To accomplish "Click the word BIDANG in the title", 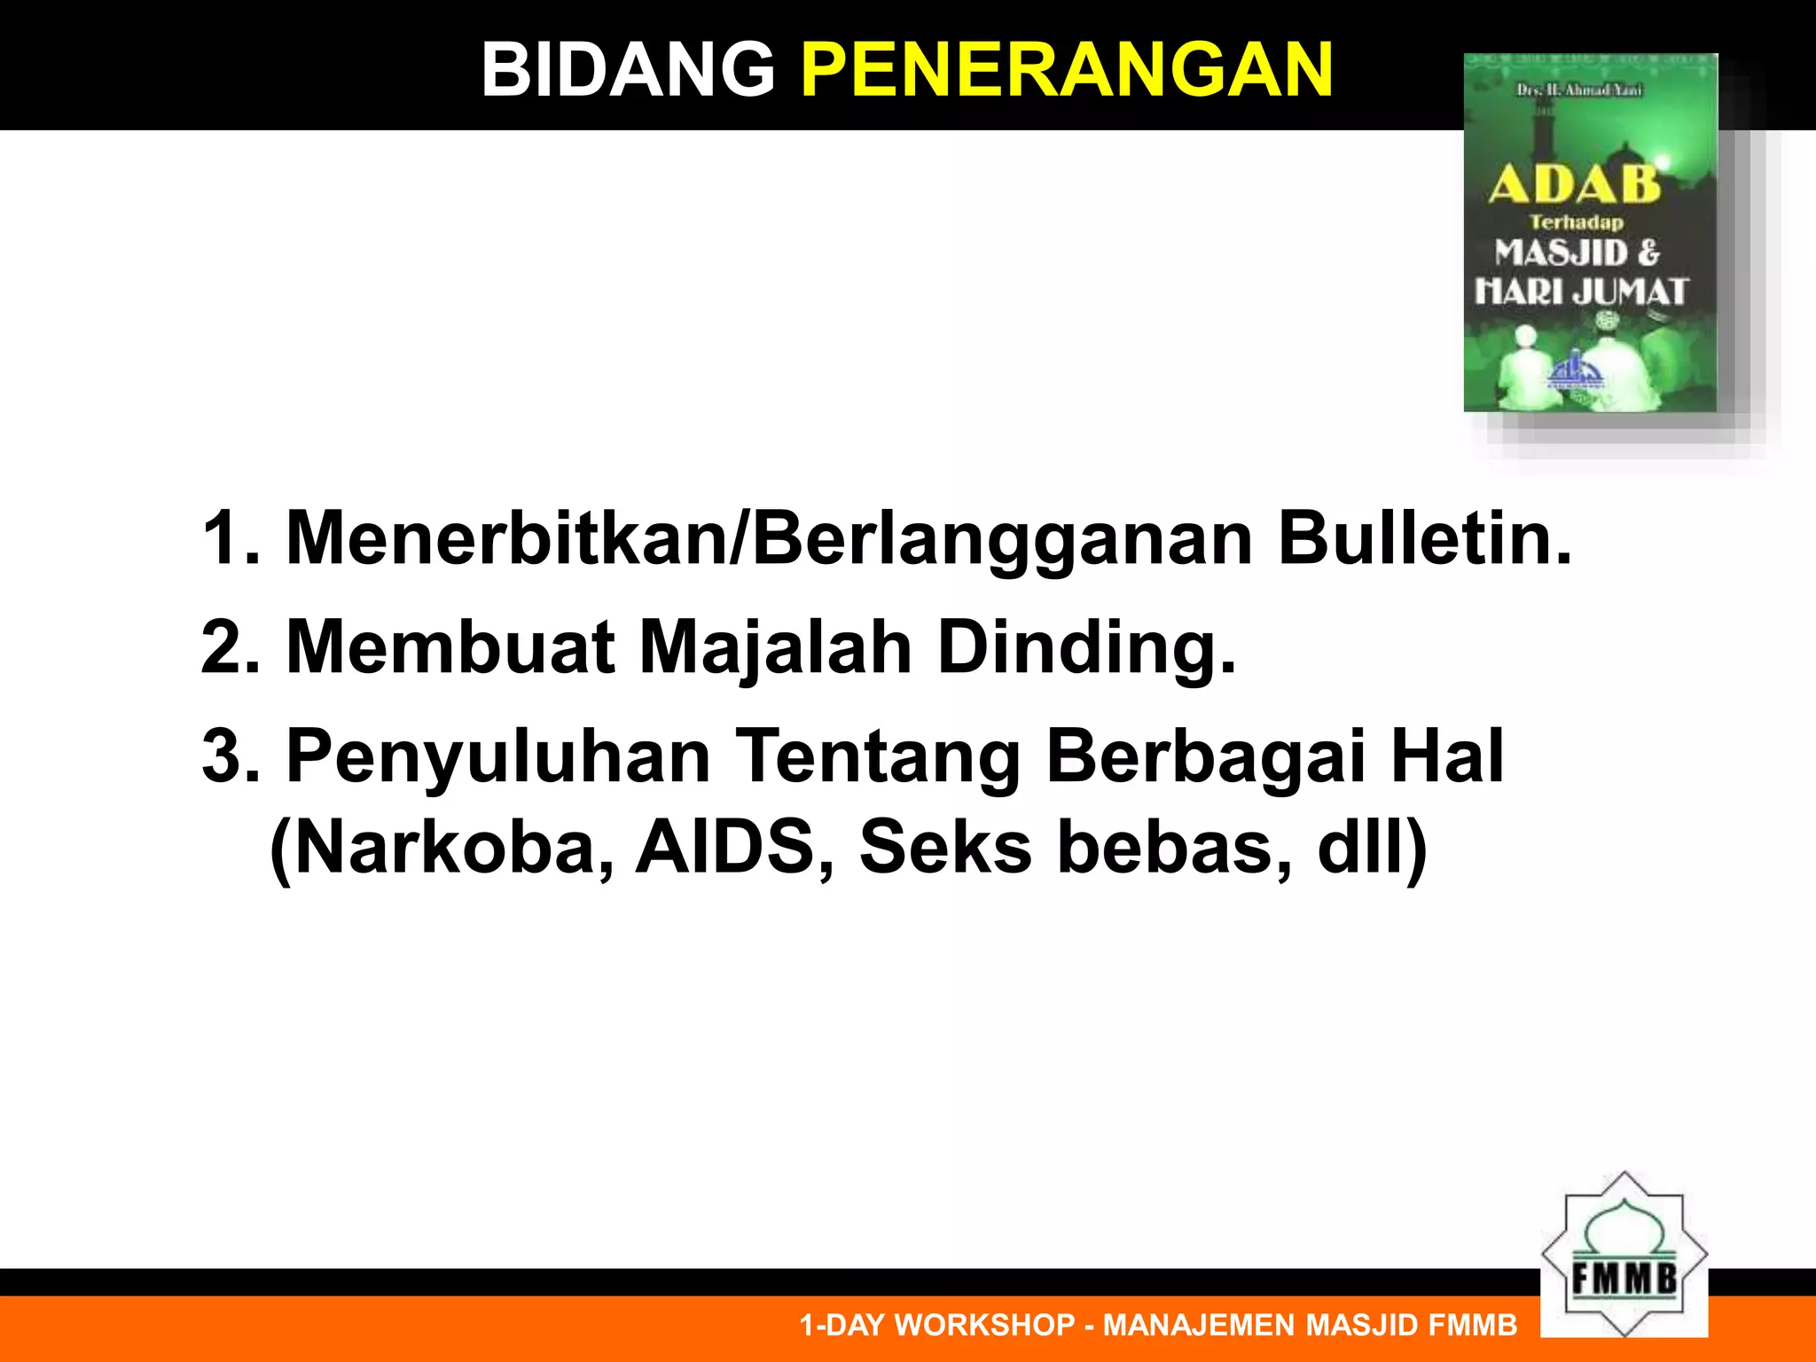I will pos(628,71).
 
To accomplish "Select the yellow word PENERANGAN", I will pos(1067,71).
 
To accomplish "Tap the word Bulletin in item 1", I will pos(1424,538).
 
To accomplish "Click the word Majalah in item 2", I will pos(775,647).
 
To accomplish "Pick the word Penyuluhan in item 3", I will pos(498,757).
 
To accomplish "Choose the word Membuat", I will pos(450,647).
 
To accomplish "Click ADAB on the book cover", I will pos(1574,184).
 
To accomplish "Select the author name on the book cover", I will pos(1579,90).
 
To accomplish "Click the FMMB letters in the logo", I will pos(1624,1279).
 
